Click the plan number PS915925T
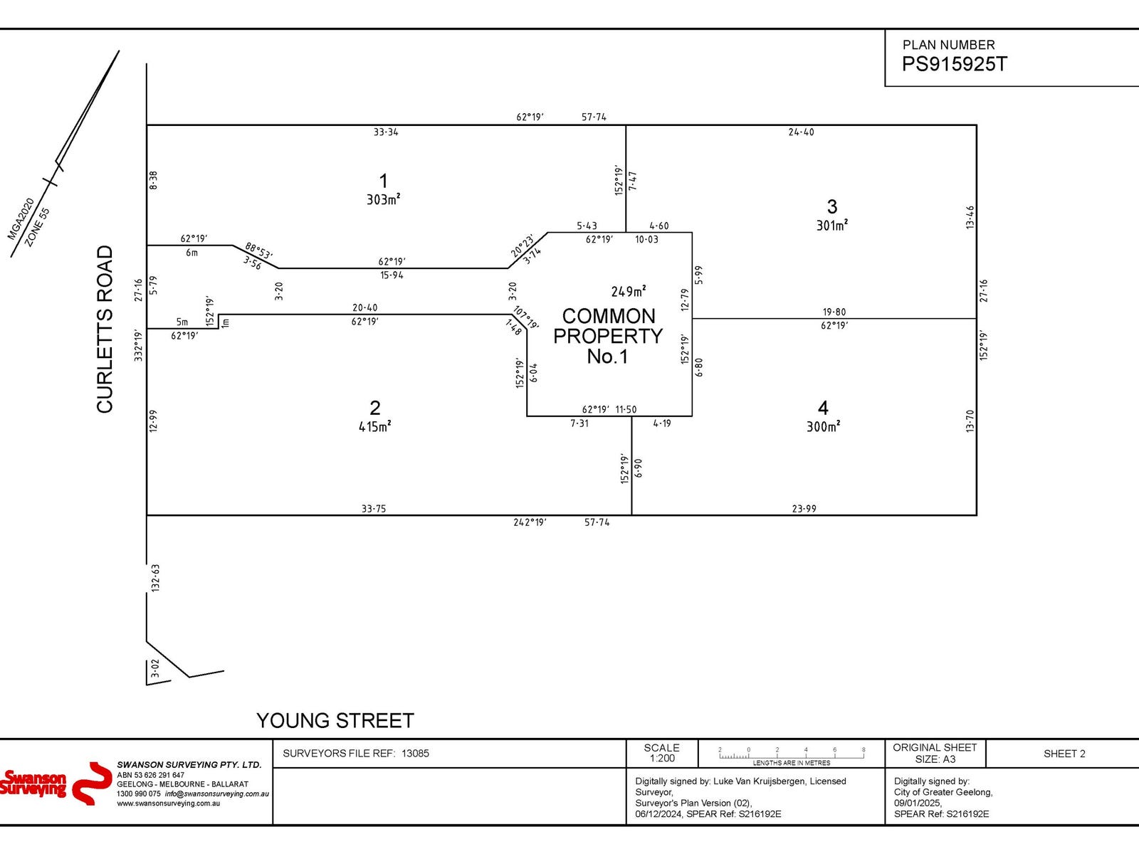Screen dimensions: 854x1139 [954, 64]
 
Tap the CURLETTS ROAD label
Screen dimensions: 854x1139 [105, 329]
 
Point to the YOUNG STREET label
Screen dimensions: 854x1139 [335, 721]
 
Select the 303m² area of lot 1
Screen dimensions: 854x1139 [383, 200]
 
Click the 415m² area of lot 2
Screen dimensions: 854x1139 [374, 427]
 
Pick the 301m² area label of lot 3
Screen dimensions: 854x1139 [831, 226]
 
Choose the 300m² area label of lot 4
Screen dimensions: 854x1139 [823, 427]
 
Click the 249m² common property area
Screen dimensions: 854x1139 [628, 292]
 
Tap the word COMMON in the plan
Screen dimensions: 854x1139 [609, 316]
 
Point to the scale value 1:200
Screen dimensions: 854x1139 [661, 759]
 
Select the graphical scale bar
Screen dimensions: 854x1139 [792, 755]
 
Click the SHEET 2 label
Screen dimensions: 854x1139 [1064, 754]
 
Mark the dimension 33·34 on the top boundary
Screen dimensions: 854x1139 [386, 132]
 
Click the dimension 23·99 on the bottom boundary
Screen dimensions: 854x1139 [804, 509]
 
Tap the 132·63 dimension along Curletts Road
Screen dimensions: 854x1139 [155, 578]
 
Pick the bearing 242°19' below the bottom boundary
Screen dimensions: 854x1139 [530, 522]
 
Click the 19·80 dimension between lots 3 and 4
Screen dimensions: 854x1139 [834, 312]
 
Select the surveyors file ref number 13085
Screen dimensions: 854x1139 [415, 754]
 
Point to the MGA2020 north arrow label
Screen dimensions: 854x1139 [21, 218]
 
